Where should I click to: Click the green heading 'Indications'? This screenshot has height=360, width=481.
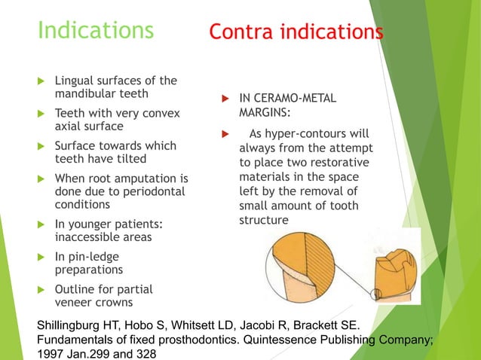(96, 31)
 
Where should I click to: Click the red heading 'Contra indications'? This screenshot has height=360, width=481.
(296, 32)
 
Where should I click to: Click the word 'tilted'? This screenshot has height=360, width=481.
(132, 159)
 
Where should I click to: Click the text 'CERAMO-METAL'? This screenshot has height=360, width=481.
(295, 99)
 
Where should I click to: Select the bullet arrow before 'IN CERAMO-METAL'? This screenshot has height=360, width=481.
(223, 99)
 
